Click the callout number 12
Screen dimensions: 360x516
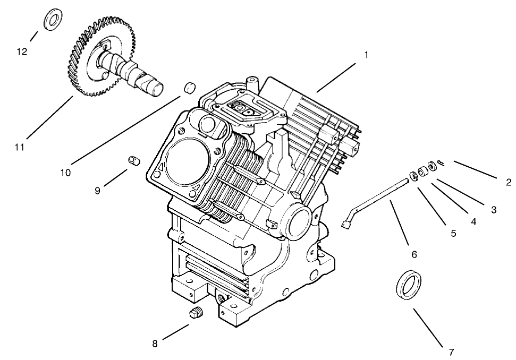(22, 52)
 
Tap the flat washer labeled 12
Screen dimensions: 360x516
(52, 20)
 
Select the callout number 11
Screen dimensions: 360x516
(20, 147)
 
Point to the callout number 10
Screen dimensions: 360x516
(65, 172)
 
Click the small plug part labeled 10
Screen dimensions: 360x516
(189, 88)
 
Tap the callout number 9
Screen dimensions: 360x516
(98, 190)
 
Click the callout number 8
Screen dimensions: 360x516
(155, 344)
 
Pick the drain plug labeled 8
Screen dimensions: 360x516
(197, 314)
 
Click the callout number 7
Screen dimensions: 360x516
(451, 352)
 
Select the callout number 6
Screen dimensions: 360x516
(414, 254)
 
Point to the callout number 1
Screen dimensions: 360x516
(366, 55)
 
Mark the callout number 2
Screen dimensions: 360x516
(509, 182)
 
